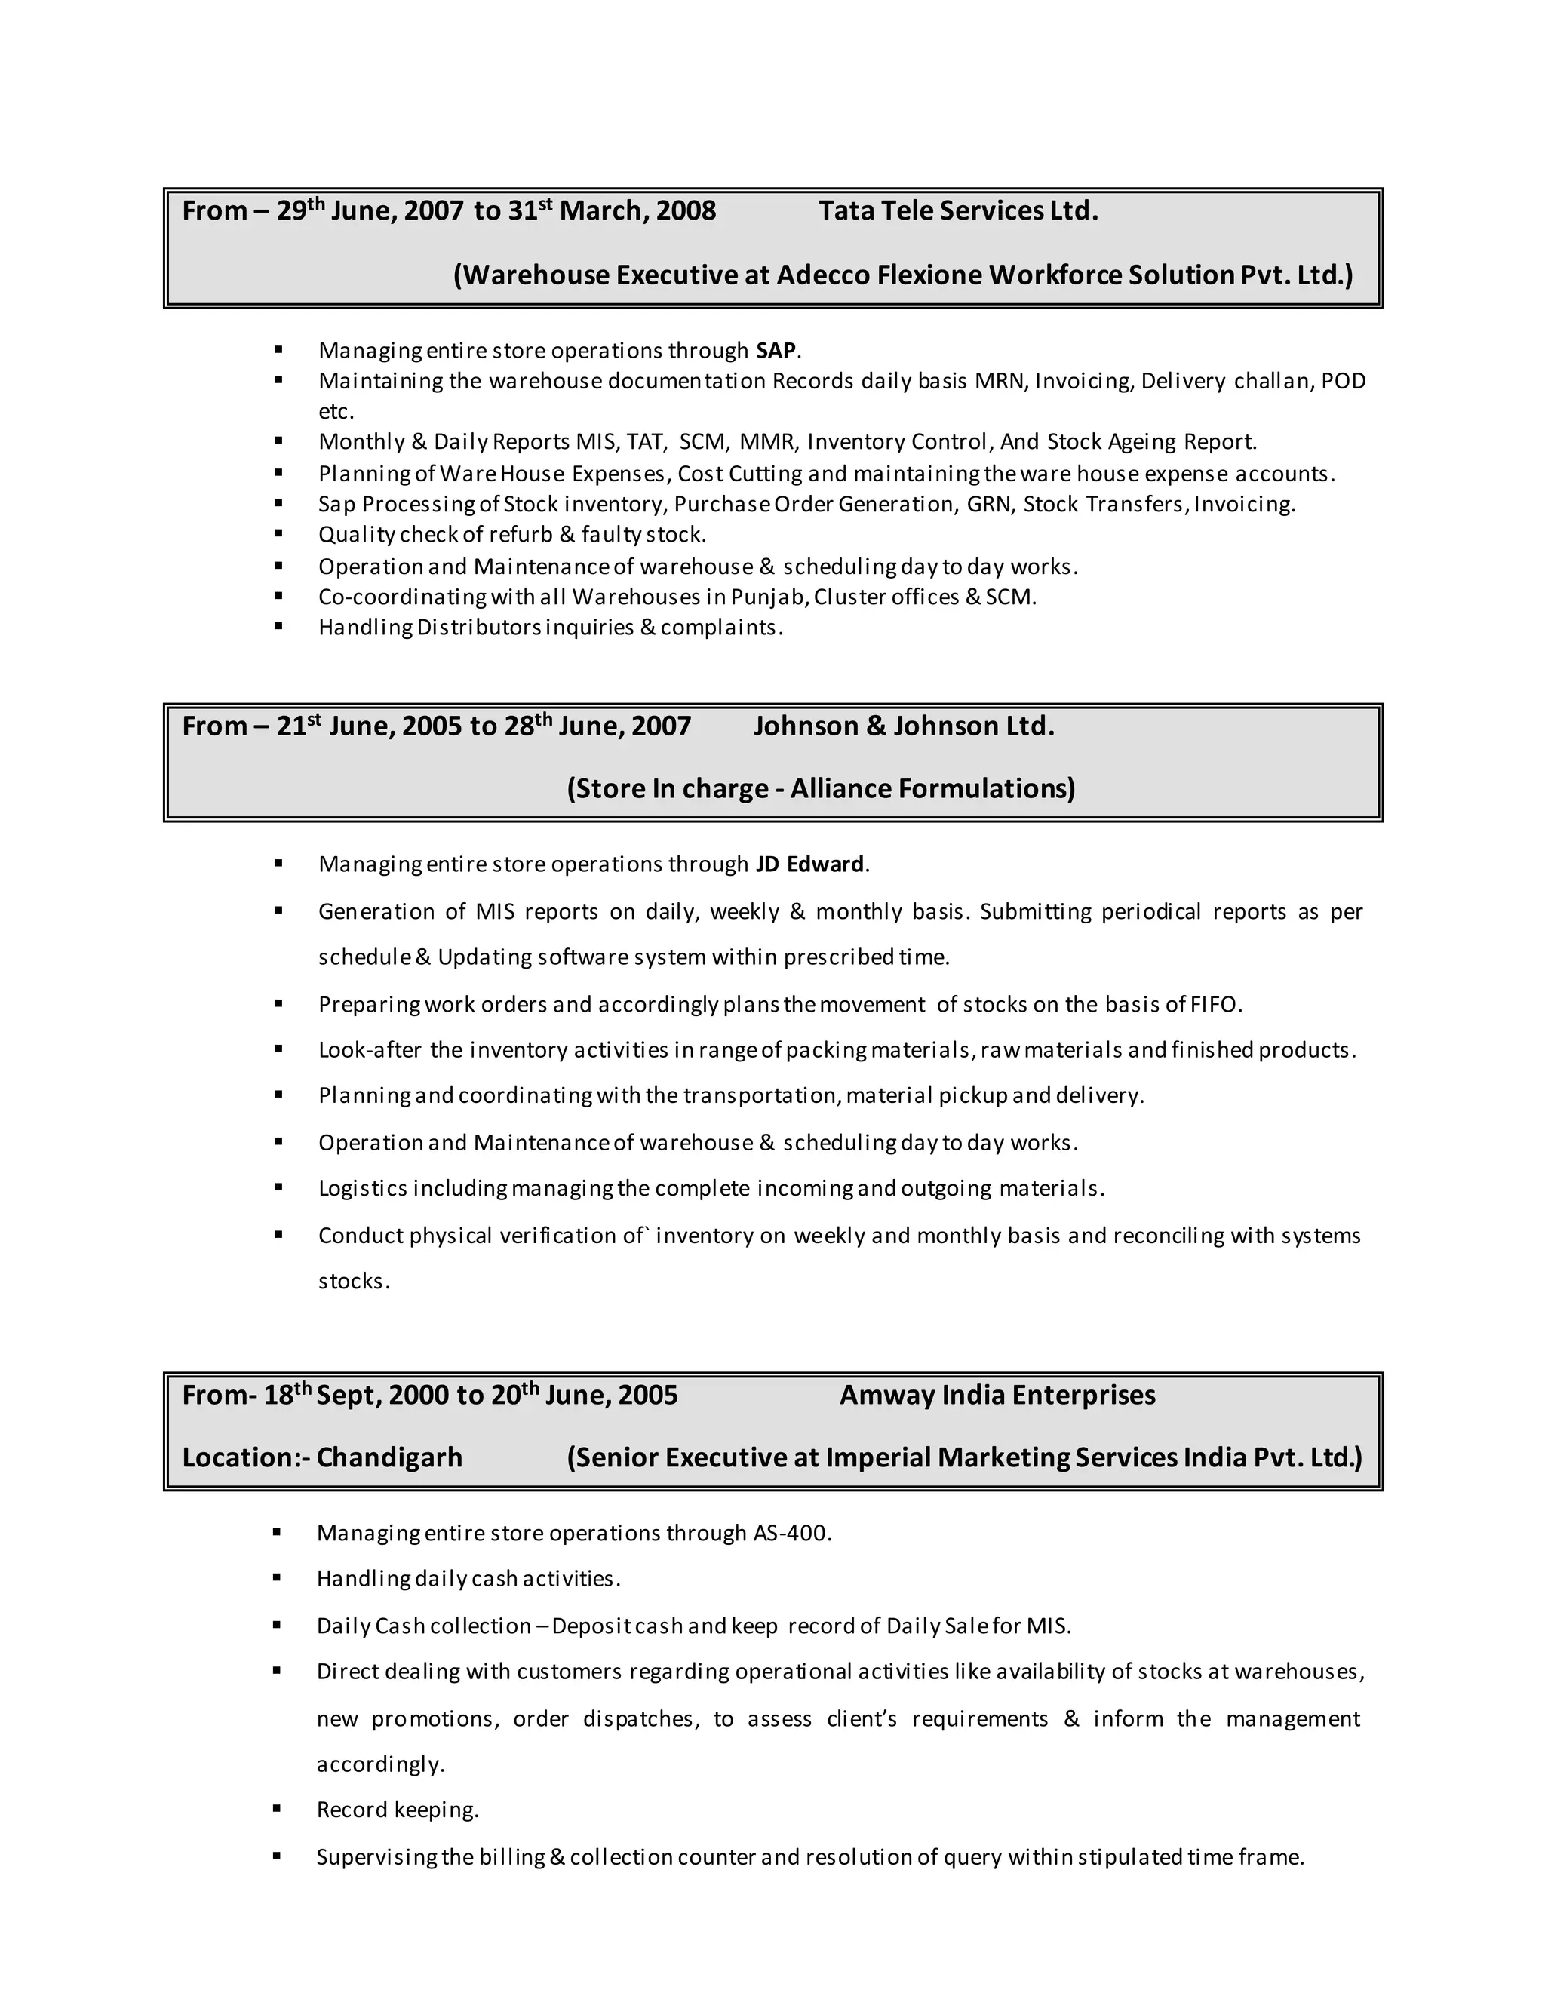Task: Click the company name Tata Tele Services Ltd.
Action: point(957,211)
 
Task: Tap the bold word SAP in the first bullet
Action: point(776,352)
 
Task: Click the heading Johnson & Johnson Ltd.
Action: point(903,726)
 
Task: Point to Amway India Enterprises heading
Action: point(997,1395)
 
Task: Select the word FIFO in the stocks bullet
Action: point(1214,1005)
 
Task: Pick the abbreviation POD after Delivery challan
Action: point(1343,382)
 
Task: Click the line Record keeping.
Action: point(398,1810)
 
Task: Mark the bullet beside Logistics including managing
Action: point(278,1188)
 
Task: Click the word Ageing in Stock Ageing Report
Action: point(1141,442)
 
